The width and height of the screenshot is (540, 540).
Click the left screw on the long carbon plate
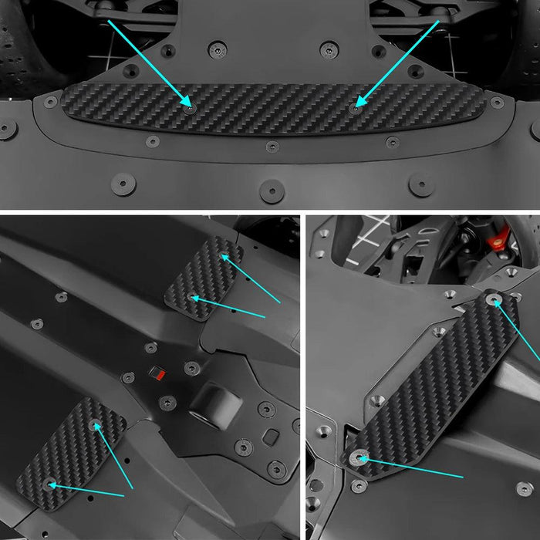point(190,107)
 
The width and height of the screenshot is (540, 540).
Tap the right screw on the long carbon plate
point(354,106)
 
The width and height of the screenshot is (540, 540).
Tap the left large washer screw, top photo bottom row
point(123,184)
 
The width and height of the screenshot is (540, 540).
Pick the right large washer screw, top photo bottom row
point(420,184)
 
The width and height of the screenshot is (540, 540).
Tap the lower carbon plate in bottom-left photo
point(71,455)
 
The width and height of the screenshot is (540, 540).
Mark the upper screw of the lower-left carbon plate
point(95,425)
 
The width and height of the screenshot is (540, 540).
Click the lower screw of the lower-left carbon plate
point(51,484)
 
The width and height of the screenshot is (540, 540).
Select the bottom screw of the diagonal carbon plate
point(359,458)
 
